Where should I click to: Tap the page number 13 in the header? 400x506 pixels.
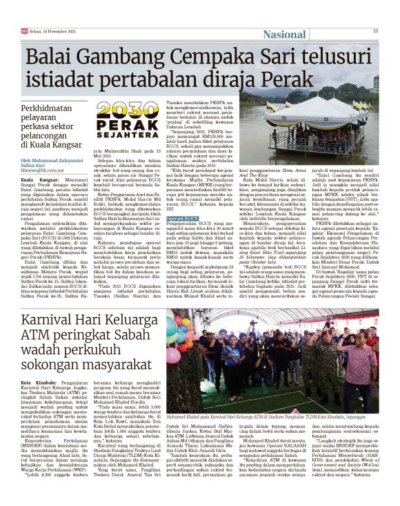tap(375, 30)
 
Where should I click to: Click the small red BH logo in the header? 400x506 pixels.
tap(24, 31)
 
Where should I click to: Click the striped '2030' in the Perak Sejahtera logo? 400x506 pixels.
tap(128, 110)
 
